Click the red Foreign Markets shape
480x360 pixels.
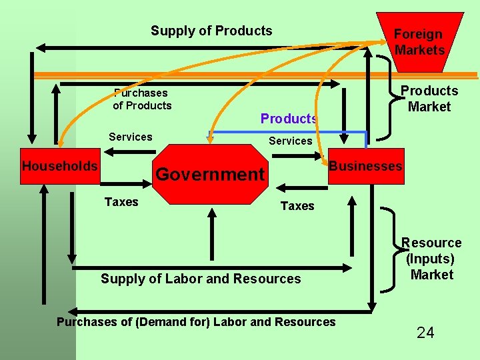(x=419, y=41)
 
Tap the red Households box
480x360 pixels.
(x=59, y=166)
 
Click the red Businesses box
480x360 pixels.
(x=365, y=166)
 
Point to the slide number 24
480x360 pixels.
(x=425, y=333)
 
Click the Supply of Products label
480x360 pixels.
(x=211, y=31)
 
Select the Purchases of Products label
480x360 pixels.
(x=141, y=99)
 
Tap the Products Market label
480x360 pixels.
(x=429, y=99)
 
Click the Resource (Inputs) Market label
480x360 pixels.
(x=431, y=259)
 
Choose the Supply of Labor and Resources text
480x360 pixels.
(x=201, y=279)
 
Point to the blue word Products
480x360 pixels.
(x=288, y=119)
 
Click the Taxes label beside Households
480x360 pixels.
(x=121, y=202)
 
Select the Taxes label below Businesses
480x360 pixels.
(x=297, y=206)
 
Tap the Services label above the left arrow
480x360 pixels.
(x=131, y=137)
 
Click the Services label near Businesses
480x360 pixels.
(x=290, y=141)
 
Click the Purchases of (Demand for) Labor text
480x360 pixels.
(x=196, y=322)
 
